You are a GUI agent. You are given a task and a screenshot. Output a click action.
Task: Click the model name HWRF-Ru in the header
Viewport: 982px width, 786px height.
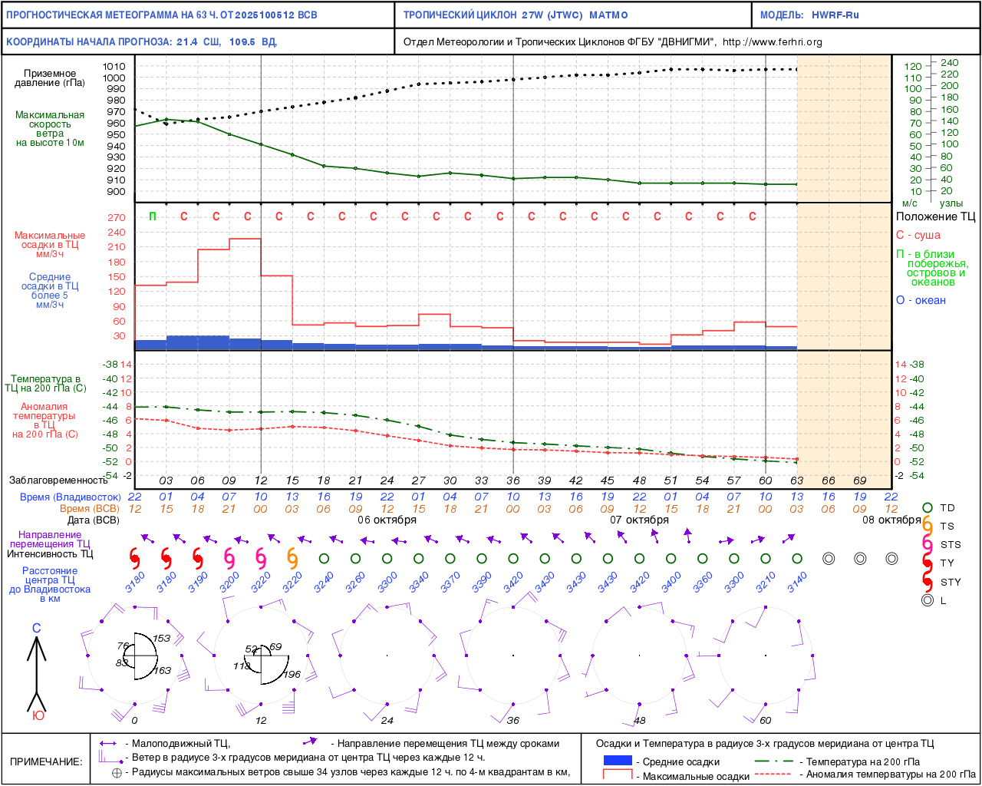(835, 15)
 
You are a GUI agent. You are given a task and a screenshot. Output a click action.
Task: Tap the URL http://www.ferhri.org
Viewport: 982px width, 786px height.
(772, 42)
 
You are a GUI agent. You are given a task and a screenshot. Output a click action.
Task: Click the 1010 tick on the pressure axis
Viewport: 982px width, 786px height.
(114, 67)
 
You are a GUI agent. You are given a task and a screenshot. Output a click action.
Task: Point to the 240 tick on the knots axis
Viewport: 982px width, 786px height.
(949, 63)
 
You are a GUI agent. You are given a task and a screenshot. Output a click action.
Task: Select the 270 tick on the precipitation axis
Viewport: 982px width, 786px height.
(117, 218)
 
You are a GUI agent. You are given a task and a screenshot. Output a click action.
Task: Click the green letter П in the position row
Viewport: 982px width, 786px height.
(153, 216)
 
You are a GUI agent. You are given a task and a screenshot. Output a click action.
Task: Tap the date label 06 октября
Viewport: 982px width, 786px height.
(387, 520)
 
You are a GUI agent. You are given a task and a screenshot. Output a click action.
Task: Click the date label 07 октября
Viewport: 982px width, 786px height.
(639, 520)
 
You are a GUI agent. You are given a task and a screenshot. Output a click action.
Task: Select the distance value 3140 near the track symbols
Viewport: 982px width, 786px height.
(798, 583)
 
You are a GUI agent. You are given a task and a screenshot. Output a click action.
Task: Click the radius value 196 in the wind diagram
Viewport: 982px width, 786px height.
(292, 675)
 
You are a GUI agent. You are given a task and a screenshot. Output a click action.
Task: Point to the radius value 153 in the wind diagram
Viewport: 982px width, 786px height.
(161, 639)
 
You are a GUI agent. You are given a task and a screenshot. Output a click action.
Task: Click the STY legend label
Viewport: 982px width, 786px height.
(951, 583)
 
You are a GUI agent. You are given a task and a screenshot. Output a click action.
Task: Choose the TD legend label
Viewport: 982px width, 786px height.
(947, 508)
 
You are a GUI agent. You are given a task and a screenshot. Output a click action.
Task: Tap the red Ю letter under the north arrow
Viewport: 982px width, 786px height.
(38, 716)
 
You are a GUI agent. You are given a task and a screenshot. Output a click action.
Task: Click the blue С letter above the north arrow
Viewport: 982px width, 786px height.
(36, 629)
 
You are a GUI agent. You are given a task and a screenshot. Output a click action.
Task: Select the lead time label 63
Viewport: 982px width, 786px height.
(797, 481)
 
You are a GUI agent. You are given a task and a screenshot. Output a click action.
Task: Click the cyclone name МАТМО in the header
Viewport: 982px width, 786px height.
(608, 15)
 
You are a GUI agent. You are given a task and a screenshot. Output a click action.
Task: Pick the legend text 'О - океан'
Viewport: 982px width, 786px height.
(921, 301)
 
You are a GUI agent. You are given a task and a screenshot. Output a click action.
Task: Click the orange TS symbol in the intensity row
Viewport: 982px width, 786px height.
(292, 558)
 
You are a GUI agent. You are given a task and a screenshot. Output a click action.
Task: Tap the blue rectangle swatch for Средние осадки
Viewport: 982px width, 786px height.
(618, 761)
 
